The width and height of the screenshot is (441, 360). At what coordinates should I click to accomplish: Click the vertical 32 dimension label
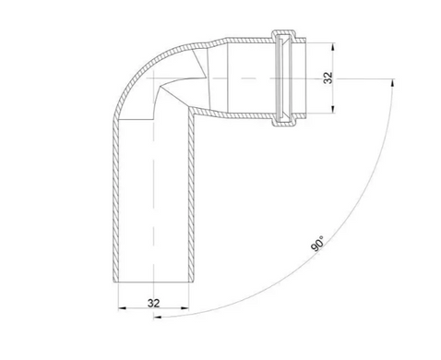point(328,78)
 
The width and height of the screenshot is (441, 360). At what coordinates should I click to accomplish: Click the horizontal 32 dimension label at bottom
point(154,303)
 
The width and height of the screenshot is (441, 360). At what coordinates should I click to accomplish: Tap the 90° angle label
point(317,244)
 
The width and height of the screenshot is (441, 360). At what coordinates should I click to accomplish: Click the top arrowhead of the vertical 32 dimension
point(333,47)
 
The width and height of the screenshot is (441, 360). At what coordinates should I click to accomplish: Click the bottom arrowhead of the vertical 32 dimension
point(333,110)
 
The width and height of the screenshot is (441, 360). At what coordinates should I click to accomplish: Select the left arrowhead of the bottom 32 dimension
point(122,307)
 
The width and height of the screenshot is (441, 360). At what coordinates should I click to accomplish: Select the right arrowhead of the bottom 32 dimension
point(185,307)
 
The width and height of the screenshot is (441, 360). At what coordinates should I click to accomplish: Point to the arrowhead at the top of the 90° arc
point(392,82)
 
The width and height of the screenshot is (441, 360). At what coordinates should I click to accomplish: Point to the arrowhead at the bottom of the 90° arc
point(158,317)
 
